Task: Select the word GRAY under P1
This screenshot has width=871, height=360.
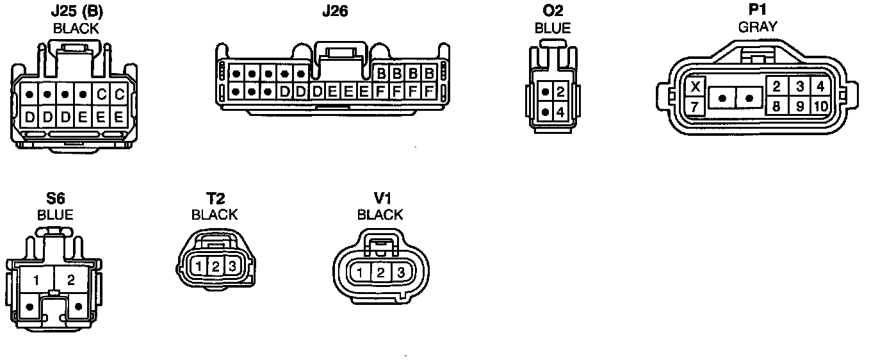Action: (758, 27)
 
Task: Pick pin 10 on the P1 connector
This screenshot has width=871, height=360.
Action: (820, 106)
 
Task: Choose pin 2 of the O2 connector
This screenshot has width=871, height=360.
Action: (560, 92)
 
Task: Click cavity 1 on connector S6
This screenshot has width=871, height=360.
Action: (37, 280)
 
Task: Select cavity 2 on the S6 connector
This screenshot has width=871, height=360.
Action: (71, 280)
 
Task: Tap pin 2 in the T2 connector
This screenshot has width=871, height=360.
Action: (216, 266)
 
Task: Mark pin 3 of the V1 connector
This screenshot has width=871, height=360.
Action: (401, 273)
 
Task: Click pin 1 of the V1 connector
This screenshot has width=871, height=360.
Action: (361, 273)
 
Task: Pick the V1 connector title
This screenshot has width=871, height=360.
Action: (380, 199)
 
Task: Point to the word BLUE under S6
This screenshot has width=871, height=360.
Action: (55, 215)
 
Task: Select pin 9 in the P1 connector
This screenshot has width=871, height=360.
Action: (800, 106)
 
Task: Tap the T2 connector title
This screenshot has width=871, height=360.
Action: (215, 199)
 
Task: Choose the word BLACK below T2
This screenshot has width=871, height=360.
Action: (215, 215)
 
